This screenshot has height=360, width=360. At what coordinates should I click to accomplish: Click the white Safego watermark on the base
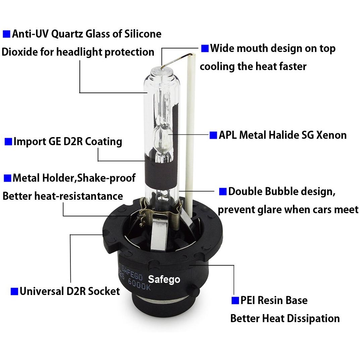point(164,280)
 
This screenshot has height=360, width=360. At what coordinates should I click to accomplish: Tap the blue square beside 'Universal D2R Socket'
point(14,291)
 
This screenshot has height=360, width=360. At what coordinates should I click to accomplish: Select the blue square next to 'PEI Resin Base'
point(235,300)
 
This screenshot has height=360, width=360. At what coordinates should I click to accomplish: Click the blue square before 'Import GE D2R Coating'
point(8,141)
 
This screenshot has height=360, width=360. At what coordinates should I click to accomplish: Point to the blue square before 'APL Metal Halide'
point(213,135)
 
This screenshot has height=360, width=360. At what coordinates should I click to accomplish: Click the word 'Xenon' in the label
point(331,135)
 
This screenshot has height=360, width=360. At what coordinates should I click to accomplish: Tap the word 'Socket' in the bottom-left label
point(104,291)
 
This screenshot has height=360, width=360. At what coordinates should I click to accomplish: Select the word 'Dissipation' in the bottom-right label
point(313,319)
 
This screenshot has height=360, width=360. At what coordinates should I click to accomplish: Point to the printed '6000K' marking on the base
point(139,285)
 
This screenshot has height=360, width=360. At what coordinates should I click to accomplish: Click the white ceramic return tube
point(190,135)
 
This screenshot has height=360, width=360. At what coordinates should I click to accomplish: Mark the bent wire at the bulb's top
point(176,60)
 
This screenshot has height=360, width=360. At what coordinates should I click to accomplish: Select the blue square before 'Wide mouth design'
point(205,49)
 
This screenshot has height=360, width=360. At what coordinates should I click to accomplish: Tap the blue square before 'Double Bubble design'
point(223,191)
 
